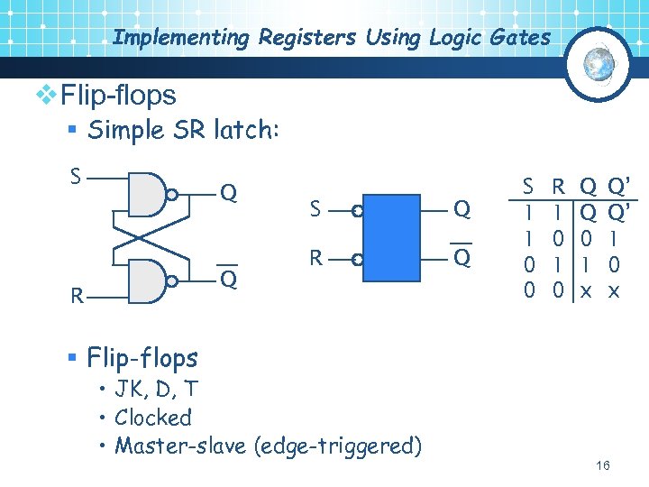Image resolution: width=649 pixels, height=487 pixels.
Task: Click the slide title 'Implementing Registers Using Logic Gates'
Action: tap(331, 38)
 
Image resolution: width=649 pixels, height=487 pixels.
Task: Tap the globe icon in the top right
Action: tap(599, 63)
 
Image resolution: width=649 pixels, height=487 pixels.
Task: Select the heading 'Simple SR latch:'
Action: tap(185, 130)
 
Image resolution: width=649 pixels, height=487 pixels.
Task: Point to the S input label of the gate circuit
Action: tap(76, 174)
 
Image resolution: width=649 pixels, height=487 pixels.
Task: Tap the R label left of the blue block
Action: tap(316, 259)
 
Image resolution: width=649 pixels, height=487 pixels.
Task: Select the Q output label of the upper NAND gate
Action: tap(229, 193)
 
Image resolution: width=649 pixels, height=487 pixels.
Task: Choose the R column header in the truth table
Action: tap(559, 187)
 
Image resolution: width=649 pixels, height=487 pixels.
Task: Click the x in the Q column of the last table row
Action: tap(586, 291)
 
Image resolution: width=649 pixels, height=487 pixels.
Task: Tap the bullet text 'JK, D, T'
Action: tap(156, 390)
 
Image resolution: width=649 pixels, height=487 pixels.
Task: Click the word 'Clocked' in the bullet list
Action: tap(153, 418)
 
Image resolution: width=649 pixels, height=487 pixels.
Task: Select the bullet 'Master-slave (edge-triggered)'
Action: tap(268, 446)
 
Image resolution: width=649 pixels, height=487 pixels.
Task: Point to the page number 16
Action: tap(603, 465)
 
